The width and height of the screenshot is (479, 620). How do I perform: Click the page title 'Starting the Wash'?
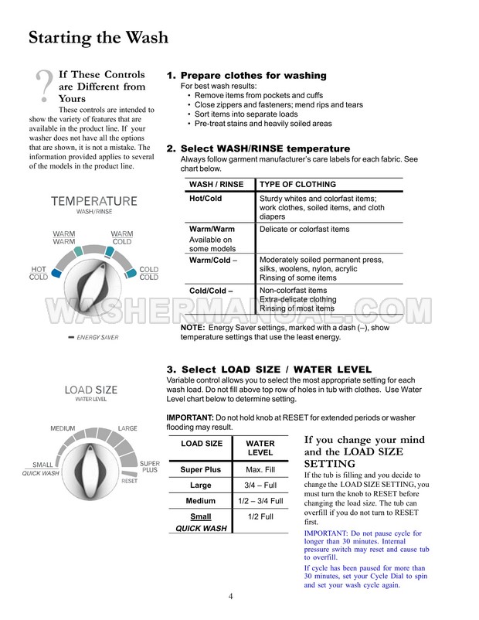98,37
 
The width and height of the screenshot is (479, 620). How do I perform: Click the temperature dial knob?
95,276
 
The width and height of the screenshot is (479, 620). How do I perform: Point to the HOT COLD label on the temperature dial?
39,273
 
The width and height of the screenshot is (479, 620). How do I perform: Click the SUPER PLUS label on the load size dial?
150,466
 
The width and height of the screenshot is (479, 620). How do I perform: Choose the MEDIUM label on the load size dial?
63,428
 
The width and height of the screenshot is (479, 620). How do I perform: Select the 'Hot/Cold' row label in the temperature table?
206,198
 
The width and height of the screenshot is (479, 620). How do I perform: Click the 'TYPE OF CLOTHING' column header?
297,185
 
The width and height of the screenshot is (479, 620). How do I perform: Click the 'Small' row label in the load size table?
201,516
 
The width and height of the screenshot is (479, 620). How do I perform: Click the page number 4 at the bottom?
231,596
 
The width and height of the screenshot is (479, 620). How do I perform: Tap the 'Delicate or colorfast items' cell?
304,230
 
